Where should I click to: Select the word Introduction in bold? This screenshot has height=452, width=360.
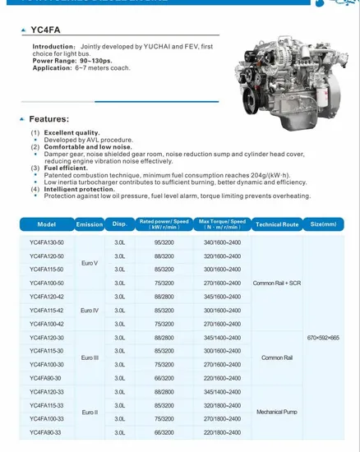click(53, 46)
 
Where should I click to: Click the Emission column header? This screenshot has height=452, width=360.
click(90, 224)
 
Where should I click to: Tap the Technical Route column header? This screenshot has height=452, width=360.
click(277, 224)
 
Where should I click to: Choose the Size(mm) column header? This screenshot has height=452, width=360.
click(323, 224)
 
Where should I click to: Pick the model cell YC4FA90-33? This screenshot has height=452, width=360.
click(46, 431)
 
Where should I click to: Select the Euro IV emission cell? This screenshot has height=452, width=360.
click(90, 311)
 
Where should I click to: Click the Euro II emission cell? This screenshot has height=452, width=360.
click(90, 412)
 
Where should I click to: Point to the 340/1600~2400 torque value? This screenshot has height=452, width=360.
click(223, 242)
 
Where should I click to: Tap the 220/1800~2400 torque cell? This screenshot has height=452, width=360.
click(223, 431)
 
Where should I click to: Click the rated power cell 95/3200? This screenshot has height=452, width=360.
click(164, 242)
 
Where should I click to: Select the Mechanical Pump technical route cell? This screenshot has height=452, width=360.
click(277, 412)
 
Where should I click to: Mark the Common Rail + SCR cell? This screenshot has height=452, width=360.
click(277, 283)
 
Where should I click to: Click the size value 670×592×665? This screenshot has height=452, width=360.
click(323, 338)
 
